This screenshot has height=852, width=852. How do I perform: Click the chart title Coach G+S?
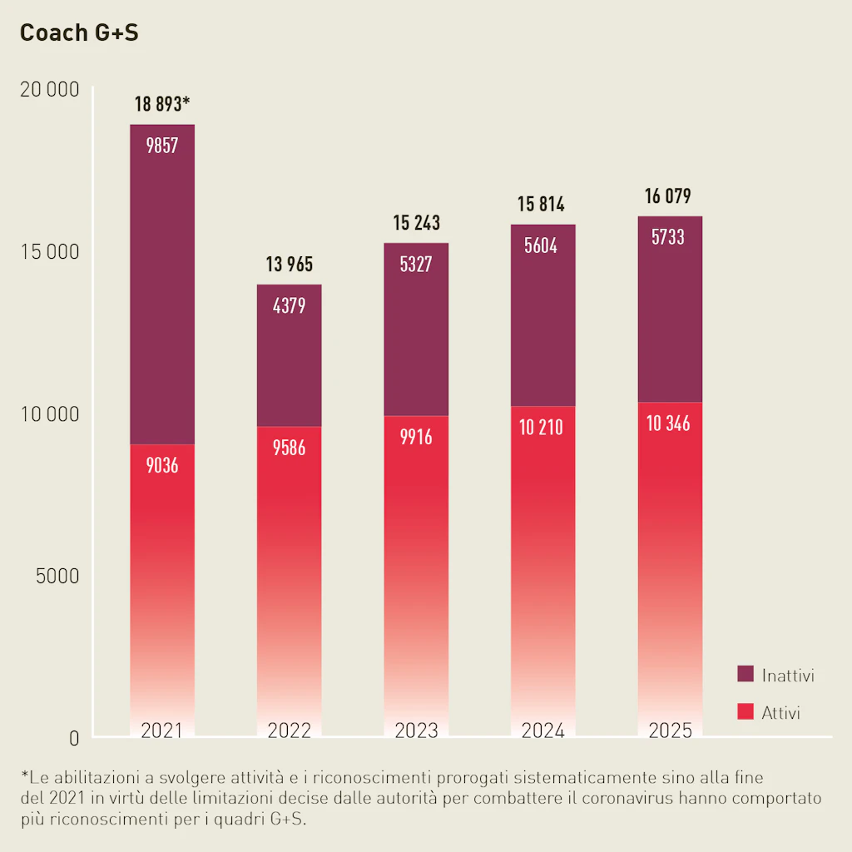(79, 32)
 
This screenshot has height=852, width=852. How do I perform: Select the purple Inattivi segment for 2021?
(162, 283)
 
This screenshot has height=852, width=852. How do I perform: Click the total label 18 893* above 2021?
(162, 105)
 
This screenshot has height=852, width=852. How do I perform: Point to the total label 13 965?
(289, 265)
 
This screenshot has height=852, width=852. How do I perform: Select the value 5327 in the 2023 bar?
(416, 265)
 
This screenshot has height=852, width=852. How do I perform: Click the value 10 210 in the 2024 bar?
(542, 428)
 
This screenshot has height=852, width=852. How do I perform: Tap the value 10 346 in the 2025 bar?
(669, 424)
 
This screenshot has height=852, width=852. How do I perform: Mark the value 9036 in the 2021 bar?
(162, 466)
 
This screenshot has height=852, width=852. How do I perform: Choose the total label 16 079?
(669, 197)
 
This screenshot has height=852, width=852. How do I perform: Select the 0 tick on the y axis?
(74, 738)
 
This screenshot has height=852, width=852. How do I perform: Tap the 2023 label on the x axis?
(416, 731)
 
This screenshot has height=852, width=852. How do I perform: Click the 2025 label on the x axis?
(670, 731)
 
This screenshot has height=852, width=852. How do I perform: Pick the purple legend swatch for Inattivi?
(745, 674)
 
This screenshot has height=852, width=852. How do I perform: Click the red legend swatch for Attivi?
(745, 712)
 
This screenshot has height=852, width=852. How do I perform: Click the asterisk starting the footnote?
(25, 776)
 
